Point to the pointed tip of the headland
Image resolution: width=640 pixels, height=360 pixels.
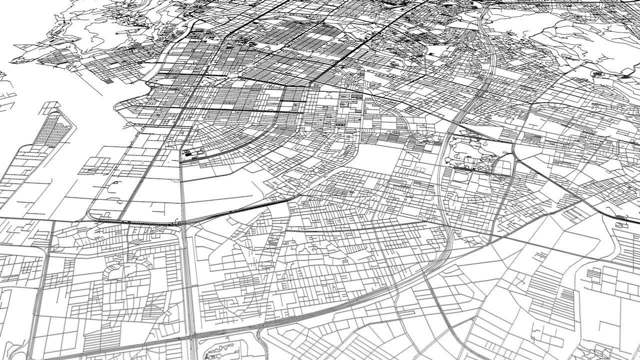tap(15, 60)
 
